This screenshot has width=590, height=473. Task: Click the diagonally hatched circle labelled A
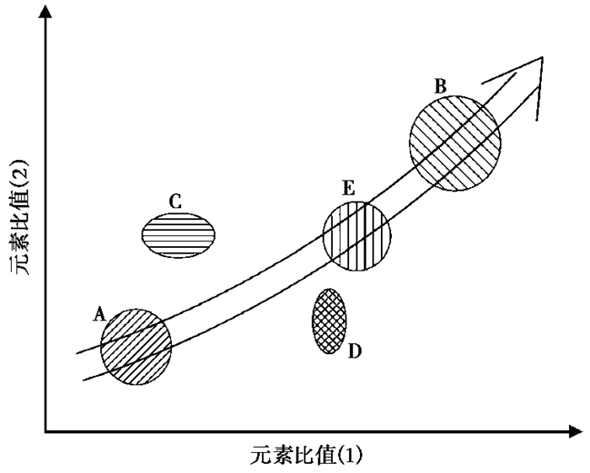pyautogui.click(x=136, y=346)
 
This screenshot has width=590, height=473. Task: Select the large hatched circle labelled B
pyautogui.click(x=454, y=142)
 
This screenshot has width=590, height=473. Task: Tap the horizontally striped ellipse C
pyautogui.click(x=178, y=234)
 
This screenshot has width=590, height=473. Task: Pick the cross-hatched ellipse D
pyautogui.click(x=329, y=320)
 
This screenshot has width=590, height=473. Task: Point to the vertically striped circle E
pyautogui.click(x=357, y=236)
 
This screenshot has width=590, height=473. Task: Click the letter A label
pyautogui.click(x=99, y=315)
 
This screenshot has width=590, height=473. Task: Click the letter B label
pyautogui.click(x=440, y=85)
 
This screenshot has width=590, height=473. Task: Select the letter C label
pyautogui.click(x=175, y=202)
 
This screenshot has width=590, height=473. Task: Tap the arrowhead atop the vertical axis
pyautogui.click(x=46, y=12)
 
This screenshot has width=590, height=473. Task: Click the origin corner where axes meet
pyautogui.click(x=46, y=433)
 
